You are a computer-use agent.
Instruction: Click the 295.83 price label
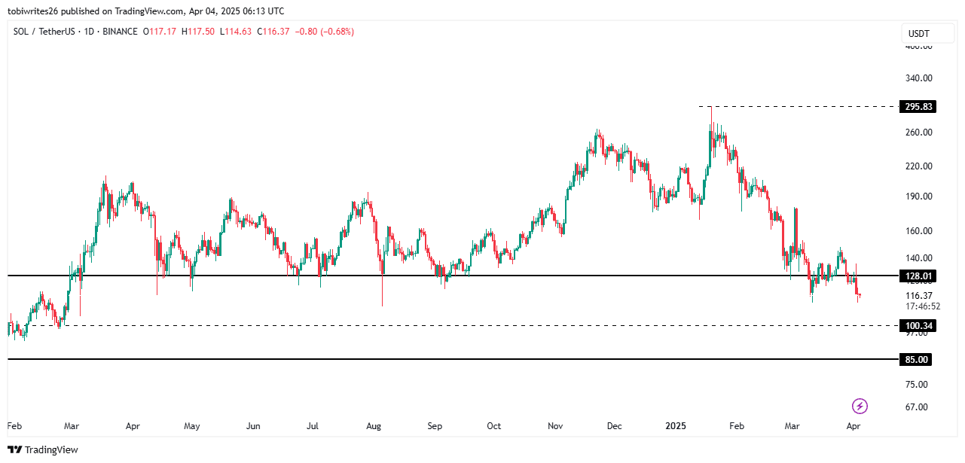tap(918, 107)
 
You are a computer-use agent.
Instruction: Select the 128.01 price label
tap(918, 276)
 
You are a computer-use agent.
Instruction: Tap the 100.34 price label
tap(918, 325)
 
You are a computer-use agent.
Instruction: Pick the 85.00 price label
tap(917, 360)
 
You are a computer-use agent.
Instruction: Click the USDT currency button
tap(918, 34)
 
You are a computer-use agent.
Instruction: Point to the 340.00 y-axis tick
tap(918, 78)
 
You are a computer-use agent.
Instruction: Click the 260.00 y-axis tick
tap(918, 133)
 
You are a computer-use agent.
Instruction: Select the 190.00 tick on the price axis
tap(918, 196)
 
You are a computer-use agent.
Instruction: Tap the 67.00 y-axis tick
tap(917, 407)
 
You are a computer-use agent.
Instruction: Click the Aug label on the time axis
tap(374, 426)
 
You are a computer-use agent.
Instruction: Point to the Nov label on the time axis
tap(555, 426)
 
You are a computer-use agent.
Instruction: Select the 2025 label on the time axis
tap(676, 426)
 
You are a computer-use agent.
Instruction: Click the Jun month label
tap(253, 426)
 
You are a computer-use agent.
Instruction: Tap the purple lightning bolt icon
tap(860, 407)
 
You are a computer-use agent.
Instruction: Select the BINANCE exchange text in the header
tap(121, 32)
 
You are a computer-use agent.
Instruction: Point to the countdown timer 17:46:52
tap(923, 306)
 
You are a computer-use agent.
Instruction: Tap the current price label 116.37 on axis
tap(918, 296)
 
